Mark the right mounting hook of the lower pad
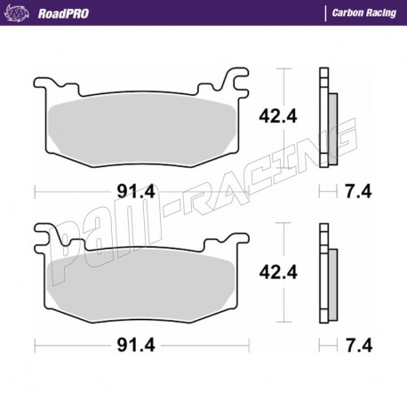(x=236, y=238)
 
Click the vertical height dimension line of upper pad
(x=282, y=116)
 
